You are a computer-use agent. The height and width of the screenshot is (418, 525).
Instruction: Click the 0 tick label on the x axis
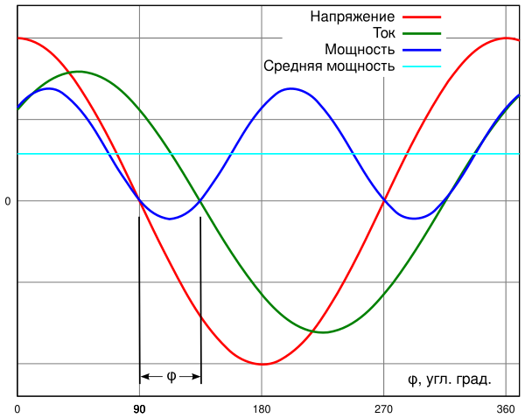pos(18,408)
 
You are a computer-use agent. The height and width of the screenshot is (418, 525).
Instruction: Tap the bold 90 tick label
pos(140,408)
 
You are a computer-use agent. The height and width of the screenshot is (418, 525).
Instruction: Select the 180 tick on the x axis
pos(262,408)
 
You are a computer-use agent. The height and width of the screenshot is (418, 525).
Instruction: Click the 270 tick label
pos(383,408)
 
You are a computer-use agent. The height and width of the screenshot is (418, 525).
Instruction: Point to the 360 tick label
pos(506,408)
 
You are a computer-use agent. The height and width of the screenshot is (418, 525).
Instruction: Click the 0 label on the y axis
pos(8,201)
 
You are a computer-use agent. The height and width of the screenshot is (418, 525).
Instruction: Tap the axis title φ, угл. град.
pos(449,379)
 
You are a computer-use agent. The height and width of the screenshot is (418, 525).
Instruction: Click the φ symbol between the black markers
pos(171,377)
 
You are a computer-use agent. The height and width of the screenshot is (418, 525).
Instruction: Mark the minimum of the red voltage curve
pos(262,364)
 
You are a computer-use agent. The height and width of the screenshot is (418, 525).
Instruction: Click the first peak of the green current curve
pos(79,72)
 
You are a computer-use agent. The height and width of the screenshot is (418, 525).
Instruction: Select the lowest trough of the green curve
pos(322,332)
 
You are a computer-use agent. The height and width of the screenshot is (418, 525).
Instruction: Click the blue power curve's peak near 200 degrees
pos(292,88)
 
